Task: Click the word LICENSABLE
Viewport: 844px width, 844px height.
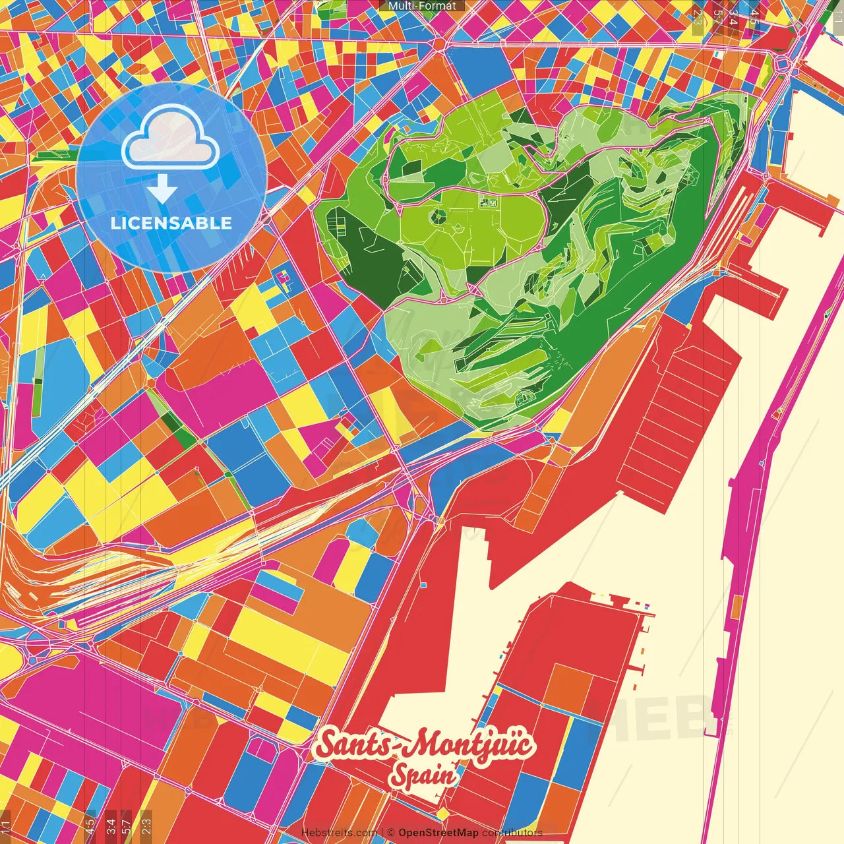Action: pos(171,223)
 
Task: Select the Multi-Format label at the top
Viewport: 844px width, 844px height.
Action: pos(422,6)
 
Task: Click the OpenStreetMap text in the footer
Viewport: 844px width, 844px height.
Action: pos(438,833)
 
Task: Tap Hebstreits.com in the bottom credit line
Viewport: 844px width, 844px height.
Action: pos(339,833)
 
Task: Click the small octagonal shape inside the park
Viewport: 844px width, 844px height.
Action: pos(437,216)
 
